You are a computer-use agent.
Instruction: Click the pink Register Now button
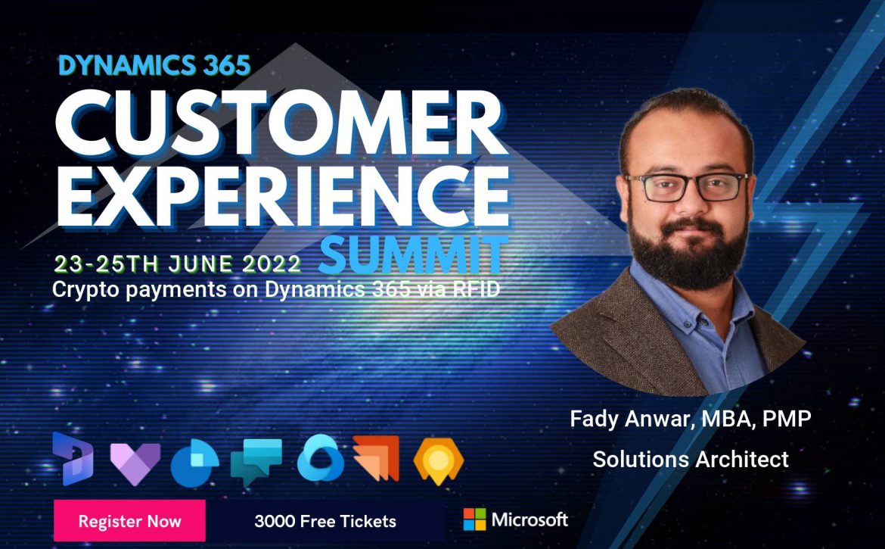(129, 521)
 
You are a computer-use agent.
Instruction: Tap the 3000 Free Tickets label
(325, 521)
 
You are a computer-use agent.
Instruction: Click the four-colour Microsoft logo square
(474, 519)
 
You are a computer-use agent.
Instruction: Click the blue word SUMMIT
(413, 255)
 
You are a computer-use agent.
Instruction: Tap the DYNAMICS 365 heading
(154, 66)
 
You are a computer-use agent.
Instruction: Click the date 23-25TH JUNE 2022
(177, 264)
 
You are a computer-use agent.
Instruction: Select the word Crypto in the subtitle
(85, 290)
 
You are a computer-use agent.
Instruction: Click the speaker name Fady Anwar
(630, 419)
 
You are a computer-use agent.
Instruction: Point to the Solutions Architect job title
(691, 459)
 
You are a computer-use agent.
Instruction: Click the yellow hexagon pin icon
(439, 461)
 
